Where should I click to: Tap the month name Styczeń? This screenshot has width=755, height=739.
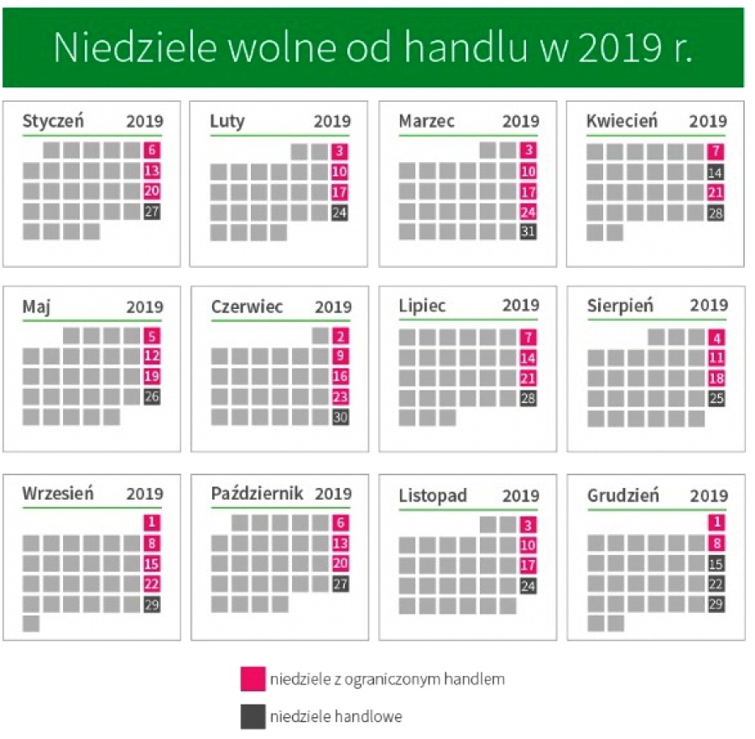(53, 121)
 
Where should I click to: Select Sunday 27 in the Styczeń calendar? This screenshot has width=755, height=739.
(152, 212)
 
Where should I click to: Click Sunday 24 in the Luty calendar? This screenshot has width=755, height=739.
(340, 212)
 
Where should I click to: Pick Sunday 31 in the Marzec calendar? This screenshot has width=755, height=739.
(528, 232)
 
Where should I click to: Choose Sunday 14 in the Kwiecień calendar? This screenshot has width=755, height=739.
(715, 172)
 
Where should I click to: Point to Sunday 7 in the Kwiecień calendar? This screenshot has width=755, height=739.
(715, 152)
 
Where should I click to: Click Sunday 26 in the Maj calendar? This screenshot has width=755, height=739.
(152, 396)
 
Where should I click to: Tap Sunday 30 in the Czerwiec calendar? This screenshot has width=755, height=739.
(340, 417)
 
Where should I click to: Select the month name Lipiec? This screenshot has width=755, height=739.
(423, 306)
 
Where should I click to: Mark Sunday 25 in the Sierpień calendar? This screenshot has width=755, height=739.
(716, 398)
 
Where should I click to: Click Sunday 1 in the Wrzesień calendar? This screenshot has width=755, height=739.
(152, 522)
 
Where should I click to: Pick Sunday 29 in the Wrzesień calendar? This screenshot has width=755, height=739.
(152, 604)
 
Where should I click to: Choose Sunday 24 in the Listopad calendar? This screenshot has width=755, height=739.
(528, 585)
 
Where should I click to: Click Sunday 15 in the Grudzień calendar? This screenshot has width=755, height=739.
(716, 563)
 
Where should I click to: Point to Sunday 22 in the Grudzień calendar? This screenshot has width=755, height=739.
(716, 584)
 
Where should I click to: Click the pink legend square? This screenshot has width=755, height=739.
(251, 679)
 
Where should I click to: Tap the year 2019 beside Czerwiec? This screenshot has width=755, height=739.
(333, 307)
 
